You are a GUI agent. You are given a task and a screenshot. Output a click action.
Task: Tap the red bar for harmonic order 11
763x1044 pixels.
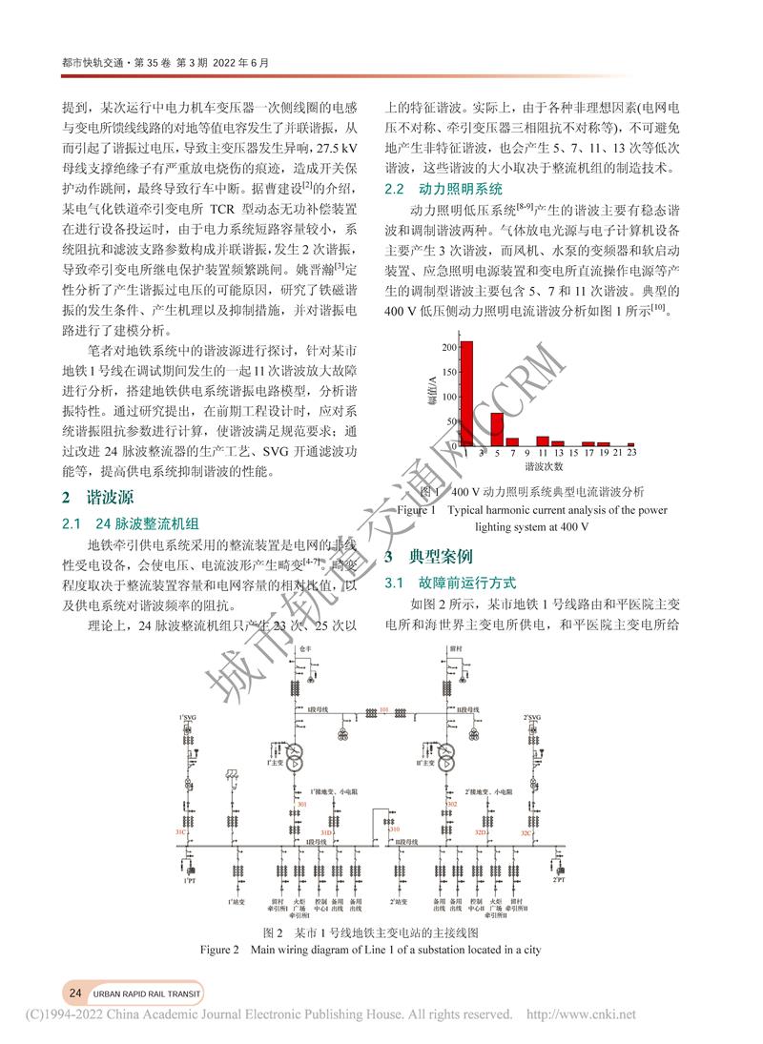[543, 440]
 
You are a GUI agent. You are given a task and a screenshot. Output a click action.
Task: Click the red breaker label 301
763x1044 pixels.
[302, 805]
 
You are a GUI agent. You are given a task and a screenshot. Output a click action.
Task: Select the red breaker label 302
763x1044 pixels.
[452, 805]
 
